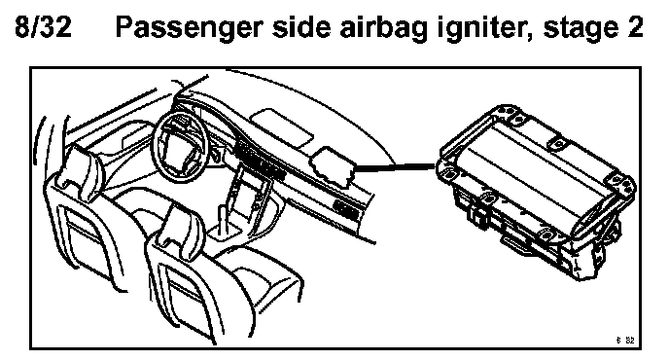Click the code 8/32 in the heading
click(x=43, y=26)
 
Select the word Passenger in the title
click(x=189, y=28)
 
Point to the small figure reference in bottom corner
click(x=625, y=340)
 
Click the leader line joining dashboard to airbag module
click(x=396, y=167)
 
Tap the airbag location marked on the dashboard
click(x=334, y=165)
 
